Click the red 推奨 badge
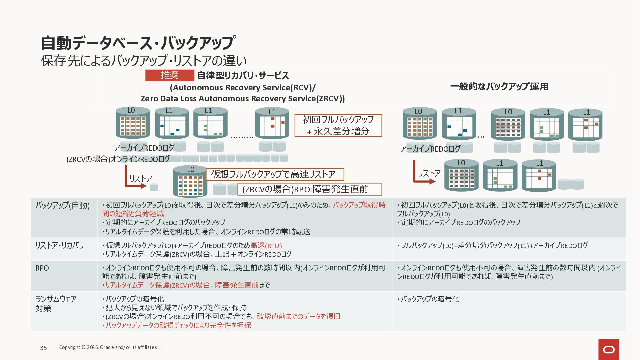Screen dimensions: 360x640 click(x=170, y=75)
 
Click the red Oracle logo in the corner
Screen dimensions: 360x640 click(x=609, y=349)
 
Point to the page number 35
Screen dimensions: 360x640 click(x=43, y=348)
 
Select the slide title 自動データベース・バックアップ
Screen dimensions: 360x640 click(x=138, y=43)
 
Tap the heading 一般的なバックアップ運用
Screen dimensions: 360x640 click(x=499, y=87)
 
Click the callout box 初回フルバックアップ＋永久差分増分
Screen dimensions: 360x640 click(x=338, y=125)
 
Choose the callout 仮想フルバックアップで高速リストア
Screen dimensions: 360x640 click(x=275, y=174)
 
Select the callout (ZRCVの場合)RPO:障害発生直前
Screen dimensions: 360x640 click(x=309, y=189)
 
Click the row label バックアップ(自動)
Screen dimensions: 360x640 click(x=63, y=205)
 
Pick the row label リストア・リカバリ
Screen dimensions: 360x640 click(x=60, y=245)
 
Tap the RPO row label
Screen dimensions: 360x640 click(x=42, y=268)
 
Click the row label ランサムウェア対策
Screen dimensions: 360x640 click(x=56, y=304)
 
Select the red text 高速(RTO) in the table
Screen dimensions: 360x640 click(x=266, y=246)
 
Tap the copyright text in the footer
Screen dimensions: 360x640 click(x=108, y=347)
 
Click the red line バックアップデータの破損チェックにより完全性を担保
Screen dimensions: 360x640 click(x=178, y=325)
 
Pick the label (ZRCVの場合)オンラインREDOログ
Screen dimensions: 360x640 click(x=118, y=159)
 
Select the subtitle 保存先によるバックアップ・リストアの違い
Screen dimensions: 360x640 click(x=144, y=61)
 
